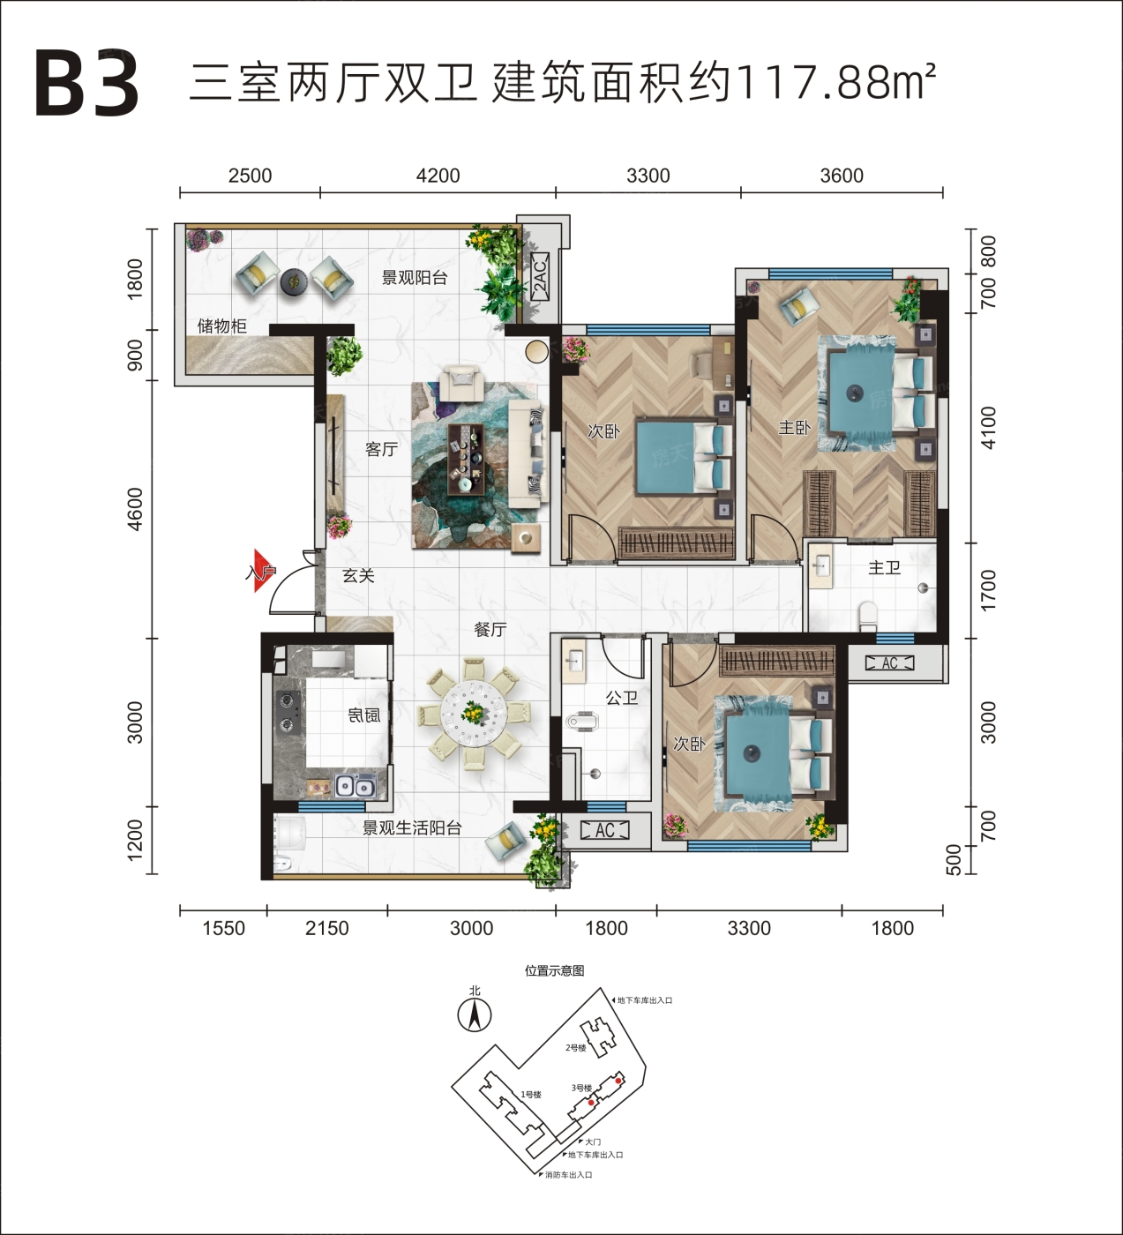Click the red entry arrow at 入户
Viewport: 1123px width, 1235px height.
pos(264,570)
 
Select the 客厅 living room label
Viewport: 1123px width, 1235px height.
pos(381,449)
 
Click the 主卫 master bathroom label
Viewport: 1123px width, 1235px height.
pos(884,567)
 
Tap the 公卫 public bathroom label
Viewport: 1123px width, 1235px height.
pos(621,698)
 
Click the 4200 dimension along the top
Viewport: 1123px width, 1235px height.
pos(438,176)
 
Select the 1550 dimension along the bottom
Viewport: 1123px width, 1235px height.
pos(223,928)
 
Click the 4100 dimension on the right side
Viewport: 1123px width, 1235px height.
pos(987,427)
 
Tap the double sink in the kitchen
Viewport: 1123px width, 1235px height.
pos(356,786)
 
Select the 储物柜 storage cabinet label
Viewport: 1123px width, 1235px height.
pos(221,326)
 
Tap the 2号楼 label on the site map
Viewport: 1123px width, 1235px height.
pos(576,1048)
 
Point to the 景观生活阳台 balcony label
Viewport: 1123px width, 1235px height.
pos(412,828)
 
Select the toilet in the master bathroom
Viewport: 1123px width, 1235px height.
pos(867,617)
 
